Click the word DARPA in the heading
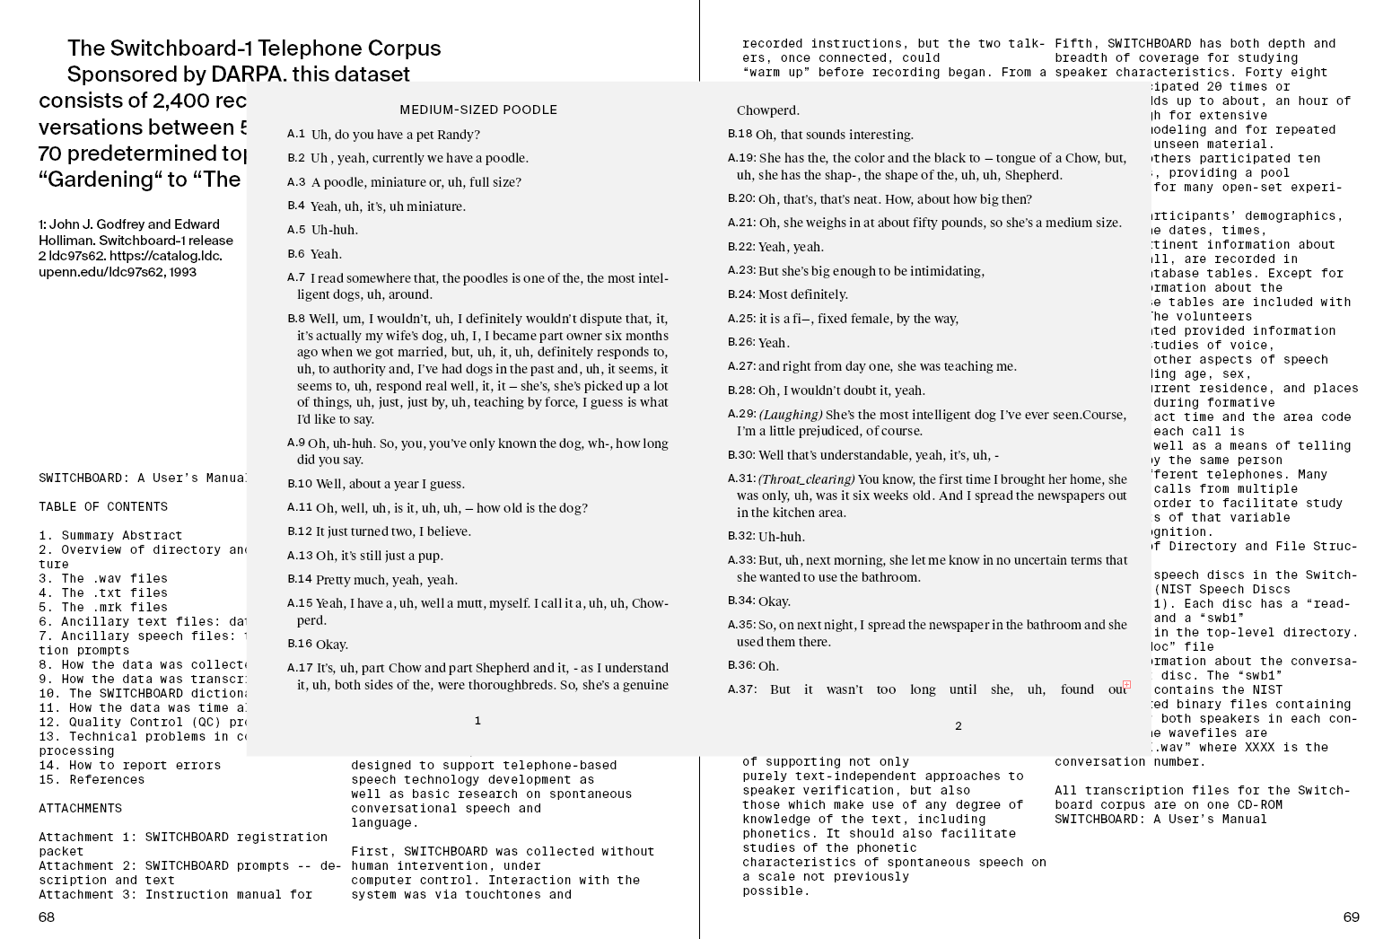(x=247, y=75)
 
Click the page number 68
(x=47, y=917)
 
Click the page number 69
(x=1351, y=917)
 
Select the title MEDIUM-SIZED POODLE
(x=478, y=110)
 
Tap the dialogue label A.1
(x=296, y=135)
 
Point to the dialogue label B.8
(x=296, y=319)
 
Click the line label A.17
(x=300, y=668)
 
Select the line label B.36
(x=741, y=665)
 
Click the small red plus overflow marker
(x=1126, y=684)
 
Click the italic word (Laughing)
(x=791, y=415)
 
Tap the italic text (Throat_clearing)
(x=807, y=479)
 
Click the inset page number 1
(x=477, y=721)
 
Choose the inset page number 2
(x=958, y=726)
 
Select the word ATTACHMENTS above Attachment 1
(x=80, y=808)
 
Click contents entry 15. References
(x=92, y=779)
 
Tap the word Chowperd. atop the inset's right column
(x=767, y=110)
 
